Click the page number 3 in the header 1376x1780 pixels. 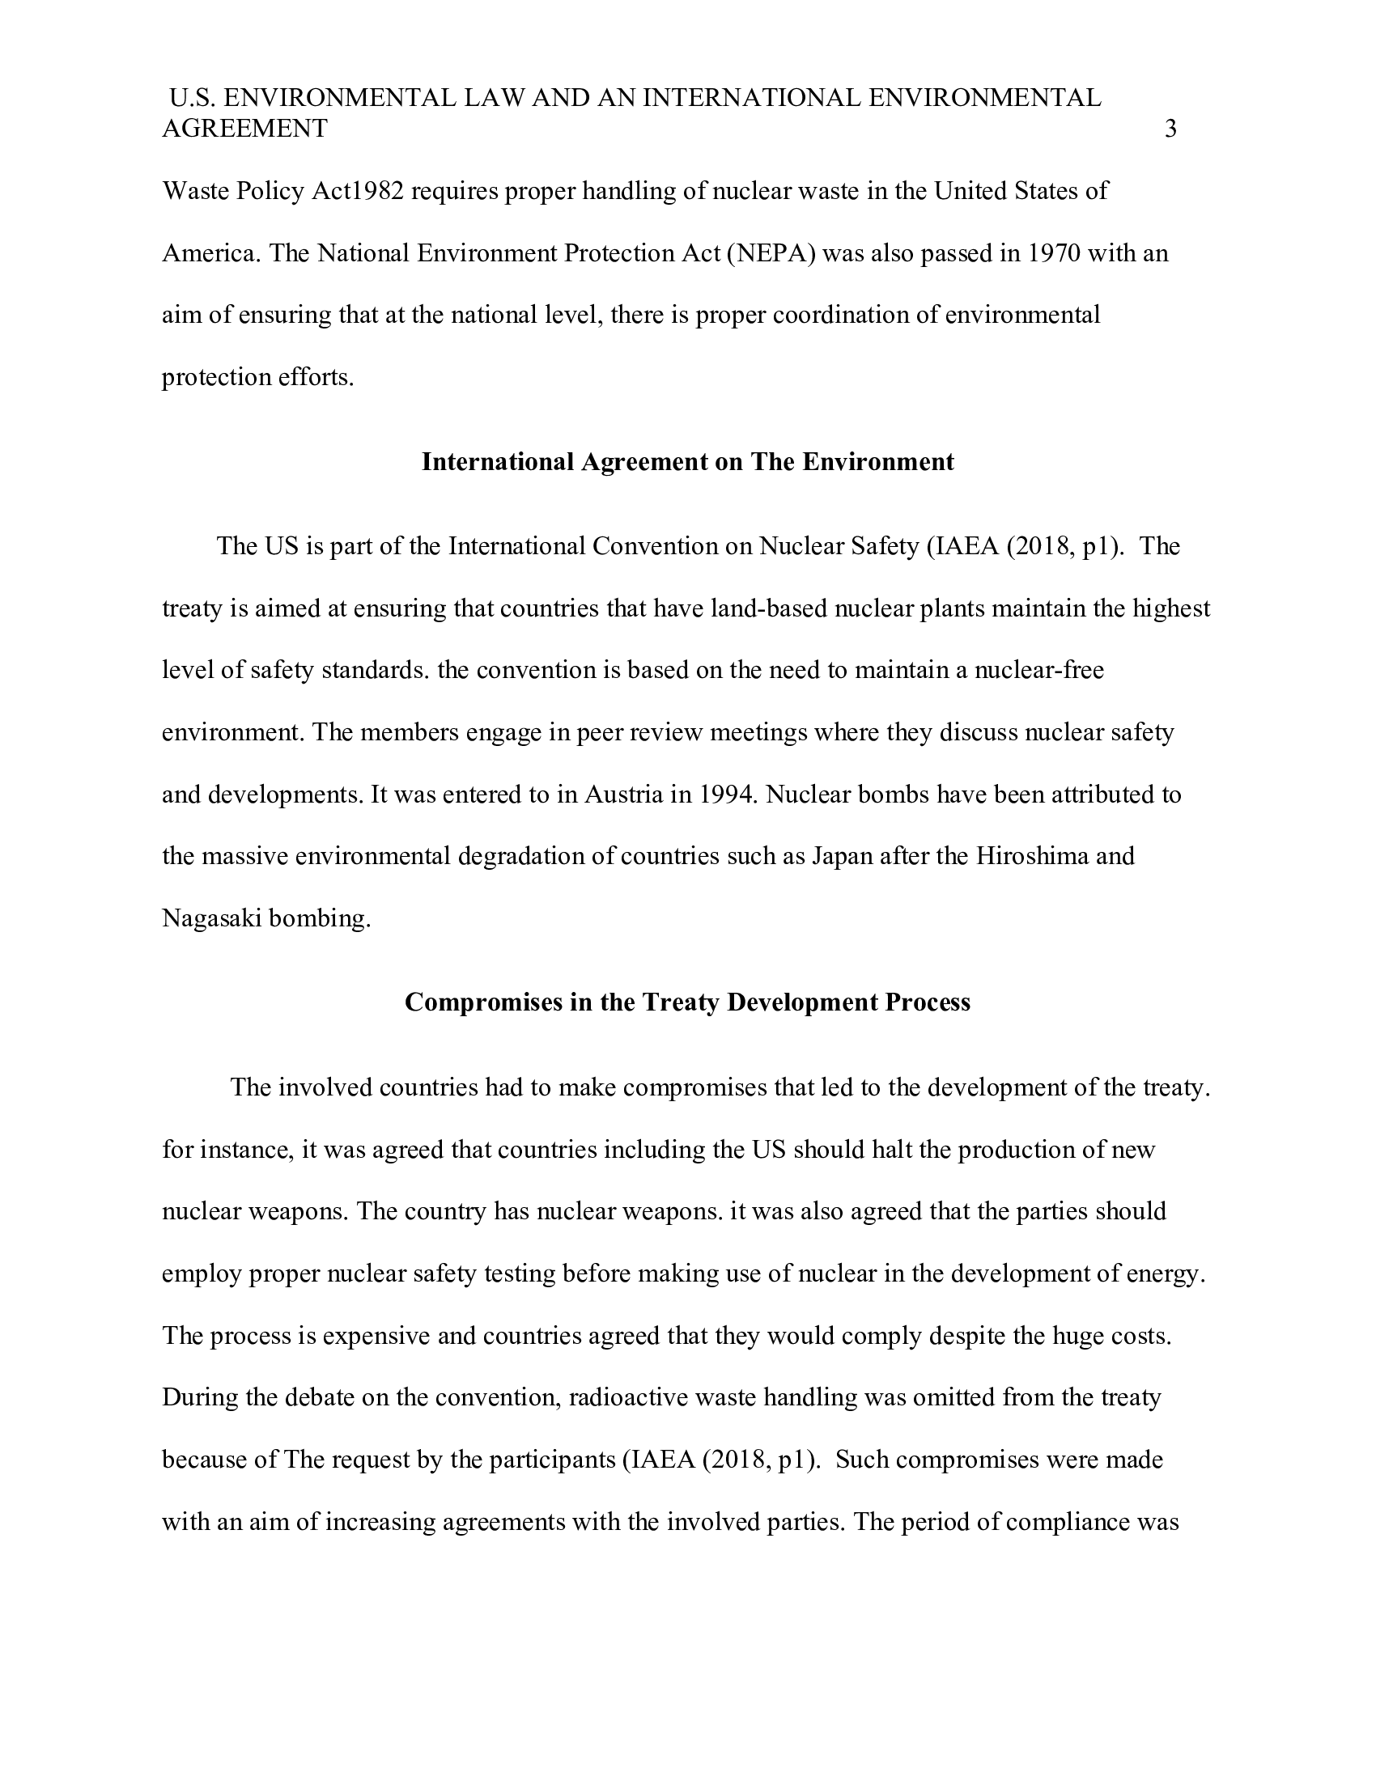click(1170, 129)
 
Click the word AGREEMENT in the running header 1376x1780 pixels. click(244, 129)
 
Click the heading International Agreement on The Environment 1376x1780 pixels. click(687, 462)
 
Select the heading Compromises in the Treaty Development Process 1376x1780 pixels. click(687, 1002)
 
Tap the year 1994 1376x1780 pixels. click(728, 795)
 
